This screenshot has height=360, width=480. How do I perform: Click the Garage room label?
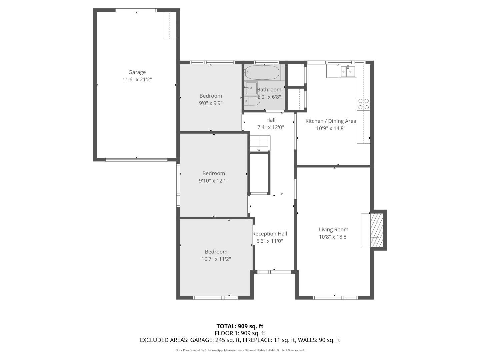click(137, 72)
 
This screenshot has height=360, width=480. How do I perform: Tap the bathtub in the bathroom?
click(262, 73)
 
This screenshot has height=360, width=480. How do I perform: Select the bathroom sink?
click(251, 88)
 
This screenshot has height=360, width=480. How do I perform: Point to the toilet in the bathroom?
click(252, 101)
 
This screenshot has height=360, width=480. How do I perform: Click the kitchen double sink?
click(348, 71)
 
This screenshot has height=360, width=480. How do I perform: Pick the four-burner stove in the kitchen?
click(363, 104)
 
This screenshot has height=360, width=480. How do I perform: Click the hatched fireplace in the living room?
click(376, 230)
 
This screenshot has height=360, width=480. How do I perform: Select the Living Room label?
click(333, 230)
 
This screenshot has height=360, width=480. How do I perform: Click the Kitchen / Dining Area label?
click(331, 121)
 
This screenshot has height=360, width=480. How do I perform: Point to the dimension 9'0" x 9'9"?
click(211, 103)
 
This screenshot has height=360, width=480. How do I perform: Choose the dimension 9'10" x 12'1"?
click(213, 181)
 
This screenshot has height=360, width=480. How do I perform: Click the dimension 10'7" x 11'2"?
click(216, 259)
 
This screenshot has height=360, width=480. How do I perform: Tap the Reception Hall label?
click(270, 234)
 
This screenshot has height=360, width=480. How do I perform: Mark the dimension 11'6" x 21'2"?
click(137, 80)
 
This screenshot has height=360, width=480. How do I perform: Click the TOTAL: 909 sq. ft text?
click(240, 326)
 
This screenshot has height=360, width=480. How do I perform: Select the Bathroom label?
click(269, 90)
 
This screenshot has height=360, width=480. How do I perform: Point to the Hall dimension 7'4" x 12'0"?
click(271, 127)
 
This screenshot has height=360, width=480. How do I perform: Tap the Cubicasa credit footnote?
click(240, 350)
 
